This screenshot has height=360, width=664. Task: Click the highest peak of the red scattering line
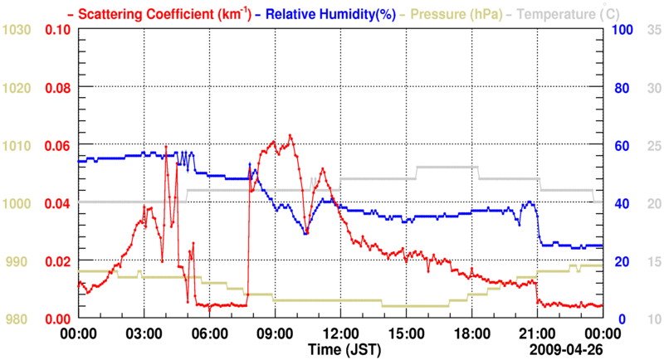tap(290, 135)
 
